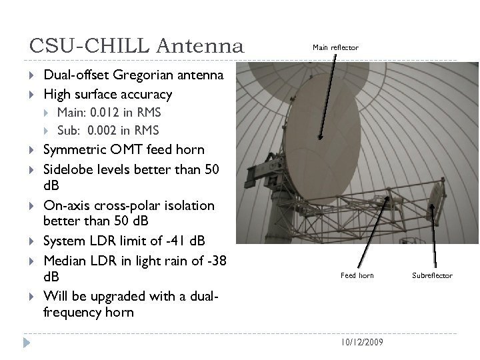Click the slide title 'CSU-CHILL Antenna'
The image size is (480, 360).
click(137, 47)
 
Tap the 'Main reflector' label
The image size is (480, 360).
click(335, 47)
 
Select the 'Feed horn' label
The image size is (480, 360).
click(357, 275)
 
